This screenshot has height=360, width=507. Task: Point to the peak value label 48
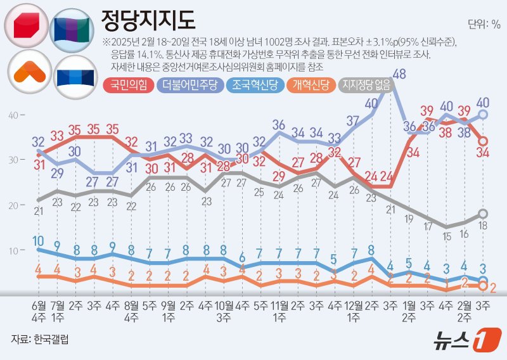399,74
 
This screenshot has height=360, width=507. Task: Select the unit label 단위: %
484,25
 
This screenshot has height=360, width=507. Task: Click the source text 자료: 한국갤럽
40,339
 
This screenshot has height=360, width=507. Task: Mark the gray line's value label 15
447,236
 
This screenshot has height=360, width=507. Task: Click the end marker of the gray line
482,214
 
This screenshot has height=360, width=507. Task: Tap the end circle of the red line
482,141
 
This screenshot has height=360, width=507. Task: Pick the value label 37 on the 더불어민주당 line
353,120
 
